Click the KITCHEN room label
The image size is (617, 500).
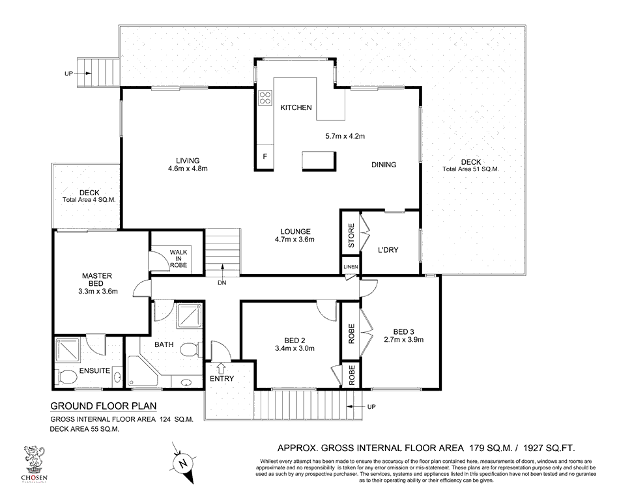pyautogui.click(x=296, y=107)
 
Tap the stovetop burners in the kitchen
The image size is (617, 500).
pyautogui.click(x=265, y=98)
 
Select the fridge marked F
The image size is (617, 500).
pyautogui.click(x=265, y=156)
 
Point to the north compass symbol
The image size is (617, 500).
pyautogui.click(x=183, y=464)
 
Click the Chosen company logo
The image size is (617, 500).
pyautogui.click(x=34, y=463)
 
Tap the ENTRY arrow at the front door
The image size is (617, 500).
pyautogui.click(x=222, y=369)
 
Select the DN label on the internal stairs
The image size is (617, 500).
pyautogui.click(x=222, y=283)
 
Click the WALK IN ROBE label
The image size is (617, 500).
pyautogui.click(x=179, y=258)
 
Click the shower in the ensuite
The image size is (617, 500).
pyautogui.click(x=68, y=352)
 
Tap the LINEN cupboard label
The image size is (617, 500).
pyautogui.click(x=350, y=268)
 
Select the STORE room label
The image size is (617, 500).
pyautogui.click(x=351, y=235)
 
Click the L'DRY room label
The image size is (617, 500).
pyautogui.click(x=388, y=249)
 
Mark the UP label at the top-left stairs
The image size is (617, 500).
pyautogui.click(x=68, y=74)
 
